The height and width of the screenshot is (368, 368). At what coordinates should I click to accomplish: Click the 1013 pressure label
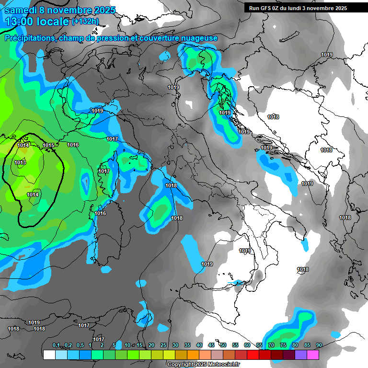click(x=20, y=162)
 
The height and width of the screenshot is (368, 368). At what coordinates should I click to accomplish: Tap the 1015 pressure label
click(x=48, y=145)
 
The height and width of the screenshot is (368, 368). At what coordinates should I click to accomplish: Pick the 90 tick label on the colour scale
click(x=319, y=345)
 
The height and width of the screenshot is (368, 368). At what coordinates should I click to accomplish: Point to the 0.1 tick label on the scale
click(x=56, y=345)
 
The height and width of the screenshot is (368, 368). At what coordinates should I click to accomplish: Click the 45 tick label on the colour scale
click(x=211, y=345)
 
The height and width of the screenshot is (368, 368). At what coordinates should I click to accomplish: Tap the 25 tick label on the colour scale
click(x=163, y=345)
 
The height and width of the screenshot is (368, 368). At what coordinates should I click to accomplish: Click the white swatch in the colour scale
click(x=49, y=355)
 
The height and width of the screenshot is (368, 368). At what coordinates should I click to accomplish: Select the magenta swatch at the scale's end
click(x=313, y=355)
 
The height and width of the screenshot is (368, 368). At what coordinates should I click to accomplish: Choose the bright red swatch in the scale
click(x=253, y=355)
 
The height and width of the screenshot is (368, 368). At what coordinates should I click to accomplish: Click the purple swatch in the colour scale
click(x=301, y=355)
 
